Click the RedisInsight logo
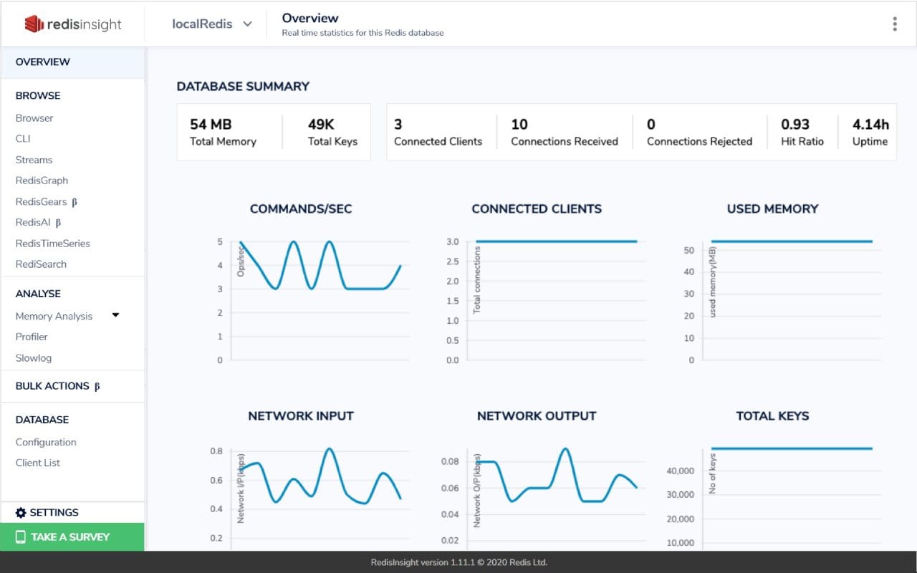pyautogui.click(x=73, y=24)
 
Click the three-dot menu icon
pyautogui.click(x=894, y=24)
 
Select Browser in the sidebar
pyautogui.click(x=34, y=118)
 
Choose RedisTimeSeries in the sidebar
pyautogui.click(x=53, y=244)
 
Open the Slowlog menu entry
pyautogui.click(x=34, y=358)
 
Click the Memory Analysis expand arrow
pyautogui.click(x=115, y=315)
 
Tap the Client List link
pyautogui.click(x=38, y=463)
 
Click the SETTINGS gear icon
pyautogui.click(x=21, y=513)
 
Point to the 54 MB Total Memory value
pyautogui.click(x=211, y=124)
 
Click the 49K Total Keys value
pyautogui.click(x=321, y=124)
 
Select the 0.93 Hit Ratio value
pyautogui.click(x=795, y=124)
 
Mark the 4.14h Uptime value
pyautogui.click(x=870, y=124)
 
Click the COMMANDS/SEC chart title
pyautogui.click(x=301, y=209)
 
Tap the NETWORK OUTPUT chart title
pyautogui.click(x=537, y=416)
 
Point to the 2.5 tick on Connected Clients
pyautogui.click(x=452, y=261)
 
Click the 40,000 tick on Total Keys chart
pyautogui.click(x=681, y=471)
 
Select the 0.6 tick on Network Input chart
pyautogui.click(x=216, y=481)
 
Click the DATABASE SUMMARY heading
pyautogui.click(x=243, y=87)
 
